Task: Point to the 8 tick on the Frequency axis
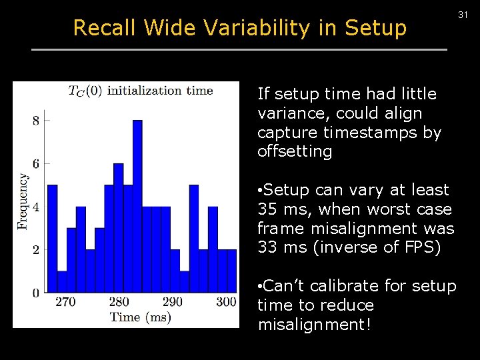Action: click(x=35, y=121)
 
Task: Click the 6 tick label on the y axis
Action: click(x=35, y=163)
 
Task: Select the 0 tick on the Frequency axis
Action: click(x=35, y=292)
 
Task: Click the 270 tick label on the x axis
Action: click(x=65, y=302)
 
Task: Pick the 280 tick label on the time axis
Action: click(x=119, y=302)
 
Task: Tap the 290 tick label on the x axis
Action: click(x=172, y=302)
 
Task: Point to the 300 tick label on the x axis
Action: click(x=226, y=302)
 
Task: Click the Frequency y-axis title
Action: click(x=23, y=201)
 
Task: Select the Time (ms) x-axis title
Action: click(x=140, y=317)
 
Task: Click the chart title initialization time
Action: click(x=160, y=91)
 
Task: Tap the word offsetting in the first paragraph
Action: click(x=294, y=151)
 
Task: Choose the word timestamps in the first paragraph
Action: click(x=364, y=133)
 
